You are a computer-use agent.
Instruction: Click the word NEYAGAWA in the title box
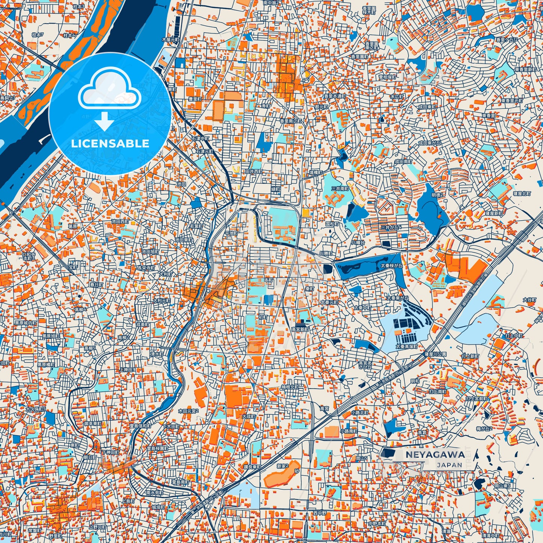435,454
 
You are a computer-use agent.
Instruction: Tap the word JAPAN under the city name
449,465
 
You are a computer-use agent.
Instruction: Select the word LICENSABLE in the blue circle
110,144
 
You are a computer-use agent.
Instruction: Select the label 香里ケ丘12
507,39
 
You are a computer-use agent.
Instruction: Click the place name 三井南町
340,188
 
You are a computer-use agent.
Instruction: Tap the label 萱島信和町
140,426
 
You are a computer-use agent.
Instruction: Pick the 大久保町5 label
35,409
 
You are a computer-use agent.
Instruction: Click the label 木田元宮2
188,411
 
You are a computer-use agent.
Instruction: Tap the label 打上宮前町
476,398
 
